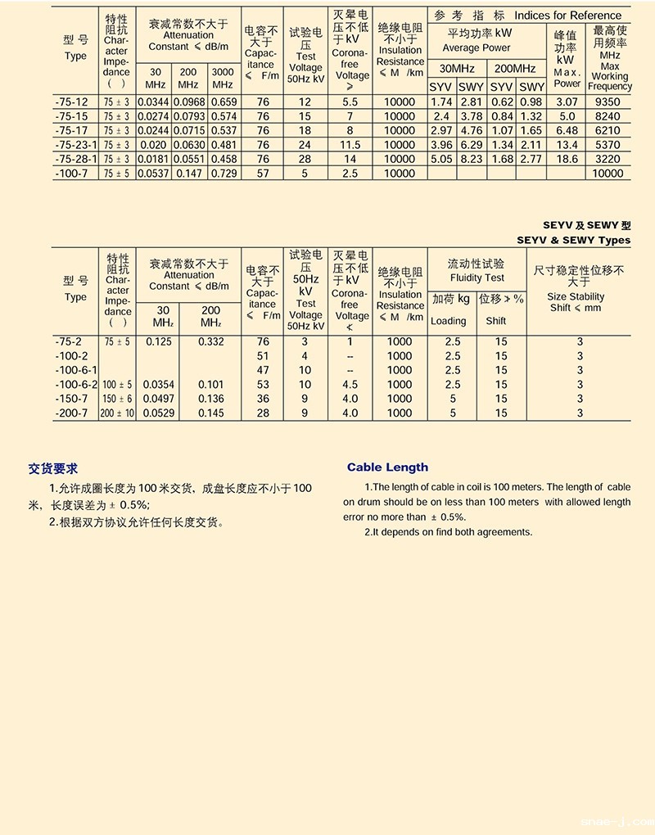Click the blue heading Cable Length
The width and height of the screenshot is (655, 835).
tap(387, 467)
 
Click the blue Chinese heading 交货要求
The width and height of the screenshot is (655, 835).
tap(53, 469)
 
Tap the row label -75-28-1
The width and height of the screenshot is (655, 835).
tap(75, 159)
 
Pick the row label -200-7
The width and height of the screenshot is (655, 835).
tap(70, 413)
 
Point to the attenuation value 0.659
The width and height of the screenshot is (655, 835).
tap(224, 102)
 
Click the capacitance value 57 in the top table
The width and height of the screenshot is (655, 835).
tap(263, 173)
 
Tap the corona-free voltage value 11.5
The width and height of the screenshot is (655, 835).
tap(350, 145)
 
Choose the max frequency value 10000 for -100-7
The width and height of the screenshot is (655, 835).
tap(608, 173)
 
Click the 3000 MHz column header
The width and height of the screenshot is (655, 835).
tap(223, 78)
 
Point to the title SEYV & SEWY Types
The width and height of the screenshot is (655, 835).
tap(574, 240)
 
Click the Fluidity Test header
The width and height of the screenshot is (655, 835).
tap(477, 278)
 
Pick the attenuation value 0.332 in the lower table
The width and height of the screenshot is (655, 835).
tap(210, 341)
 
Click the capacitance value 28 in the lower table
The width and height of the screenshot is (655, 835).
tap(263, 413)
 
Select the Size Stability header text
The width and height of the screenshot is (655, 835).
tap(576, 297)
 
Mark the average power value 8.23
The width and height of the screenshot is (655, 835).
tap(471, 159)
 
